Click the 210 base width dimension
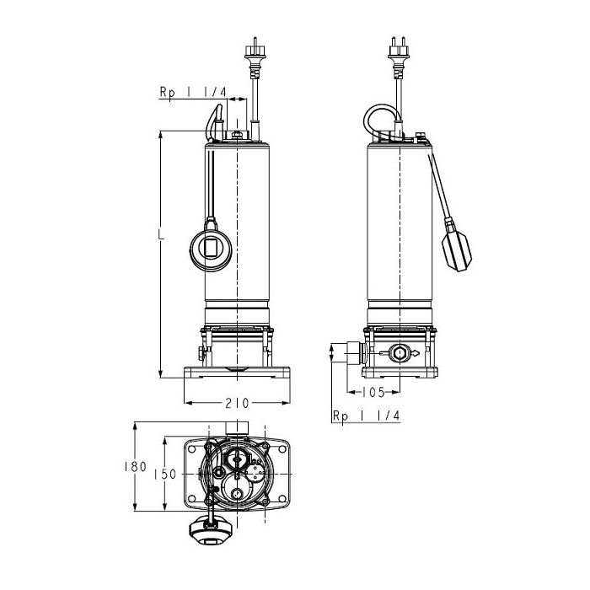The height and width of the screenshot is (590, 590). click(237, 403)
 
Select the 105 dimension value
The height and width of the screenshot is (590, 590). click(373, 393)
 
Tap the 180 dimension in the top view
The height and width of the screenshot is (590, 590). click(135, 467)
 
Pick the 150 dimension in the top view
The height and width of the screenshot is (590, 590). click(165, 474)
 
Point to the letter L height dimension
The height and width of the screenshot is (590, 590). click(161, 233)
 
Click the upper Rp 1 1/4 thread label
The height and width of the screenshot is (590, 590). click(193, 92)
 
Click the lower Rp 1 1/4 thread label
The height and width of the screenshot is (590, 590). click(366, 416)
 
